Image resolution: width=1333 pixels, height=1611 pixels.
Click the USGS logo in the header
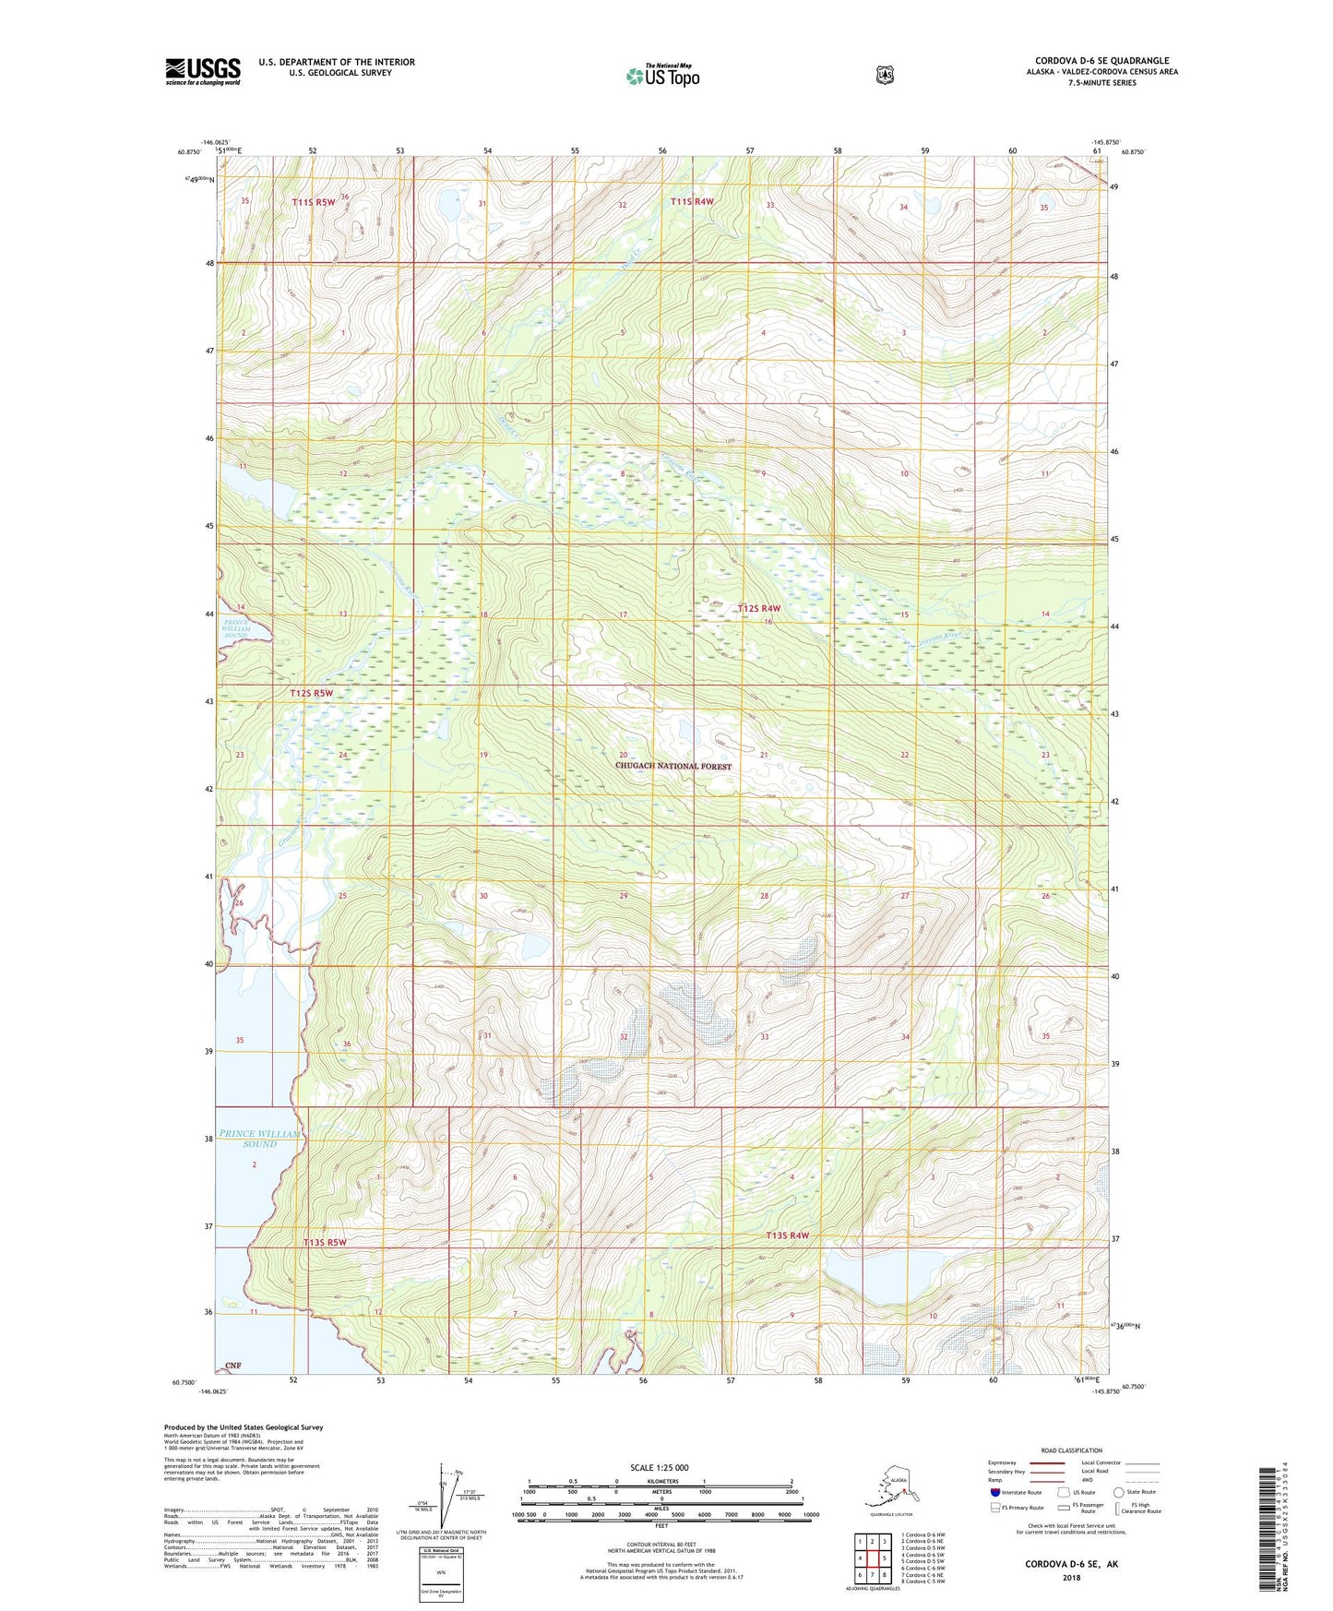[203, 71]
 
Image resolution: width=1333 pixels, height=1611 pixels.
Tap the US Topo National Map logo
[661, 76]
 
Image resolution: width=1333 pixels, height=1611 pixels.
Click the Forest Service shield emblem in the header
[885, 75]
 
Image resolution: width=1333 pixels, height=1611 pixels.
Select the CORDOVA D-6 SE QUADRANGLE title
[1101, 61]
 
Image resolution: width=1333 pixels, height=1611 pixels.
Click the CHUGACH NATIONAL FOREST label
[673, 767]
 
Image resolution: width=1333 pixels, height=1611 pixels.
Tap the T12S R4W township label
[758, 608]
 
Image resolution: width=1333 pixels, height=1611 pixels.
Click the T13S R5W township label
[325, 1243]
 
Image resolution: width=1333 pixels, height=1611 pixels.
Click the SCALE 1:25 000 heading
[660, 1467]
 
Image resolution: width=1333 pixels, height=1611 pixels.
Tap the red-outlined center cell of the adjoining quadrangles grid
[872, 1558]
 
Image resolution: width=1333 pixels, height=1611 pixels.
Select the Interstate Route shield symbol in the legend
[994, 1492]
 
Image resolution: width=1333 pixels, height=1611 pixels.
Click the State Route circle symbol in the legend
[1118, 1492]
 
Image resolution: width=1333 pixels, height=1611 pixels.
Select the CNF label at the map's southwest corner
[232, 1365]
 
